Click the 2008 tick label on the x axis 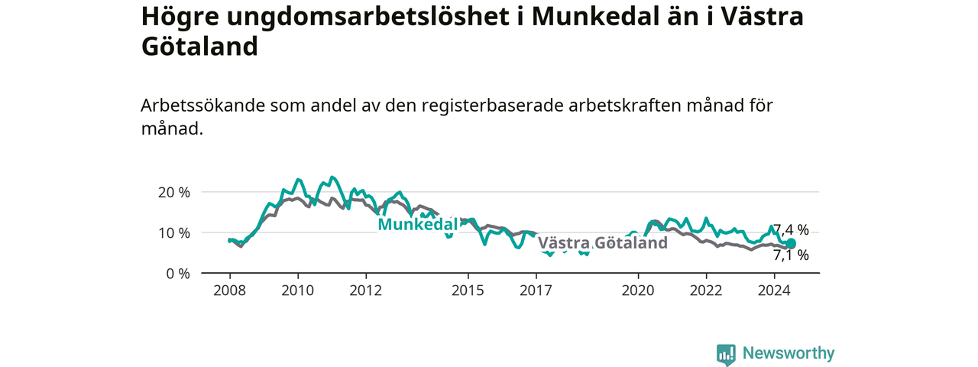click(x=230, y=291)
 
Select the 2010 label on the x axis click(x=298, y=291)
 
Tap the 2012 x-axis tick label click(x=366, y=291)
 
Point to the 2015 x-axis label click(x=468, y=291)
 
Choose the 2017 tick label click(x=536, y=291)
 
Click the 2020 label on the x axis click(x=638, y=291)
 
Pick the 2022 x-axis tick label click(x=707, y=291)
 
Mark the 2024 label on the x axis click(x=775, y=291)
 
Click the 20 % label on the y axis click(x=174, y=192)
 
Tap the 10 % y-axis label click(x=174, y=233)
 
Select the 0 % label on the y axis click(x=178, y=274)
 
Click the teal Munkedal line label click(x=418, y=225)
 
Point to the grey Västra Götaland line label click(x=603, y=243)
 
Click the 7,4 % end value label click(x=791, y=229)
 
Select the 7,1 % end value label click(x=791, y=255)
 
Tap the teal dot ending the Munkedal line click(x=791, y=243)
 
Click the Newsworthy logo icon click(x=726, y=354)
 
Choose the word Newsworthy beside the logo click(x=789, y=353)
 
